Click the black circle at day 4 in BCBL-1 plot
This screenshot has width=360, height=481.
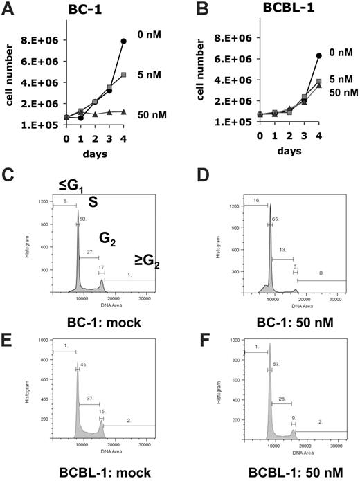[x=300, y=55]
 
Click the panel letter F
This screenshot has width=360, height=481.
[x=188, y=326]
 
